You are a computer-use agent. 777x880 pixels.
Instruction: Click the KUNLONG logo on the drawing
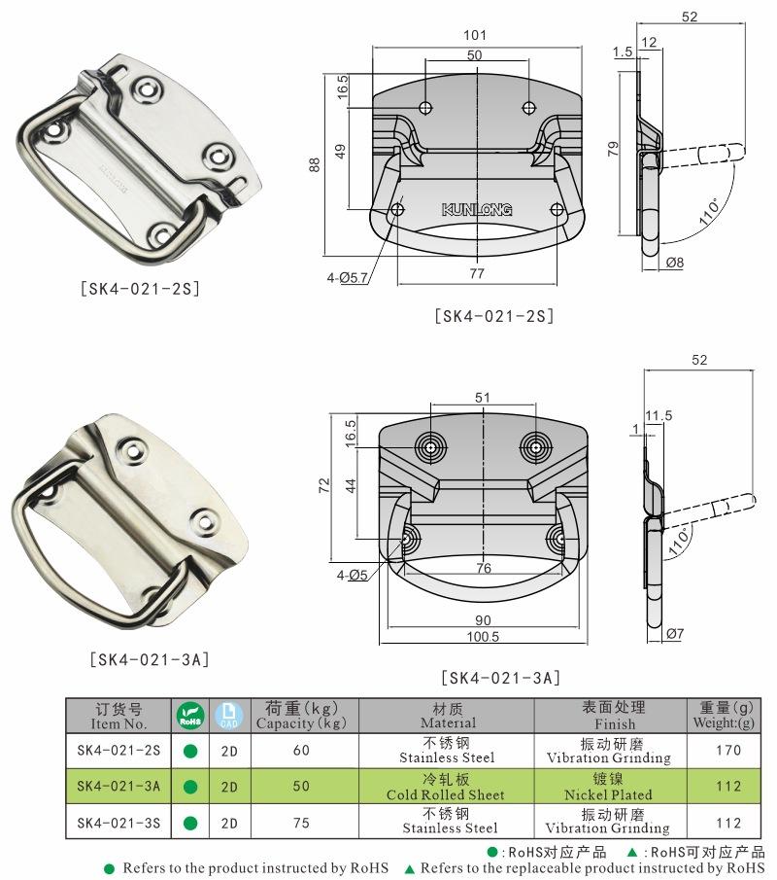point(477,210)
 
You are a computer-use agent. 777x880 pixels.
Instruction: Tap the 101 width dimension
point(474,35)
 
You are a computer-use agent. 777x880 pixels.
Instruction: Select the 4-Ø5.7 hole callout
point(347,277)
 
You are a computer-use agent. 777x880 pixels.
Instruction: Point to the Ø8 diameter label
point(675,263)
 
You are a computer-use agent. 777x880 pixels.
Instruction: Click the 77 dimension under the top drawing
point(477,273)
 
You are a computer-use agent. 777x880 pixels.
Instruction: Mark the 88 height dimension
point(315,164)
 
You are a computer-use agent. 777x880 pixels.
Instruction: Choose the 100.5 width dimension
point(483,637)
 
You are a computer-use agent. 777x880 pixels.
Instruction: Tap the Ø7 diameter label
point(675,634)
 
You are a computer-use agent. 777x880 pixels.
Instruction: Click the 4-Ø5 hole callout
point(352,576)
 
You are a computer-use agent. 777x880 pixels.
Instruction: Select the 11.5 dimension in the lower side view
point(659,416)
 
